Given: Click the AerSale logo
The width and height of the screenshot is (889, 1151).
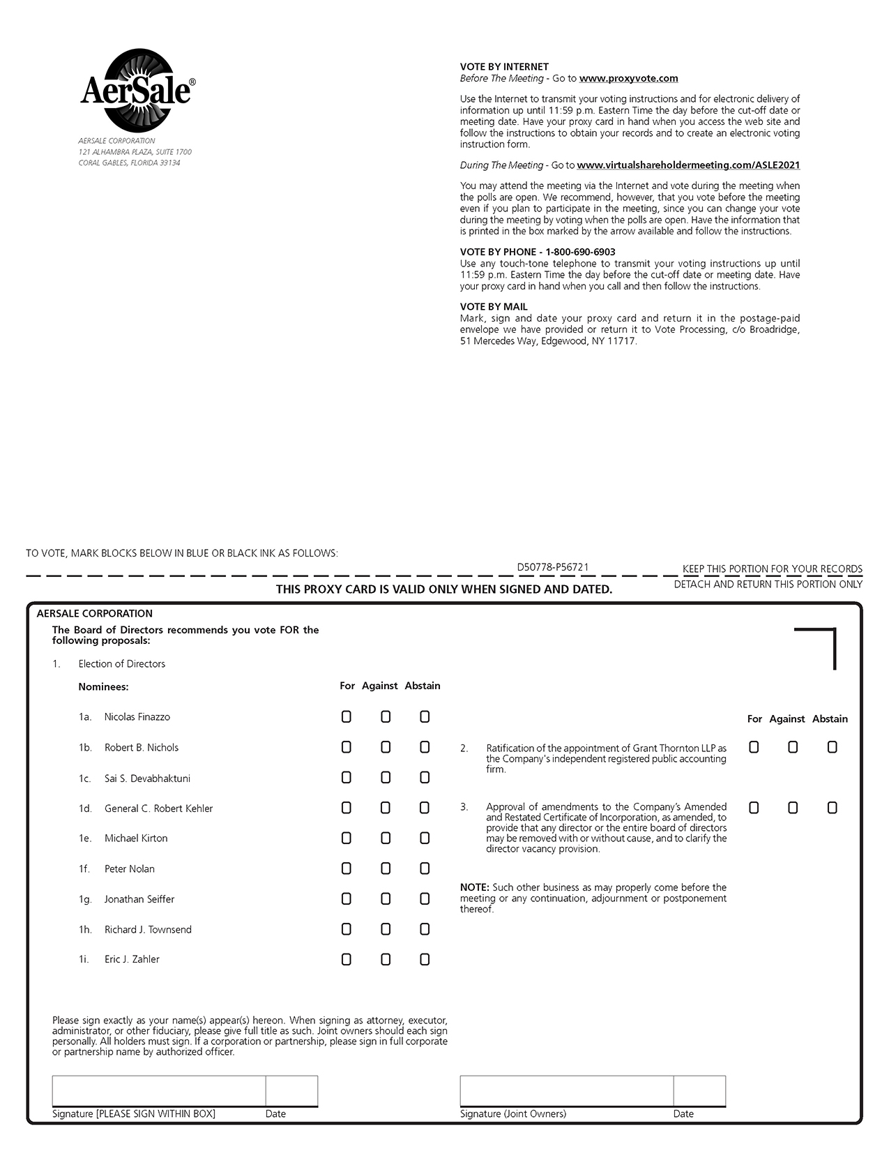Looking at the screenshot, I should (x=137, y=91).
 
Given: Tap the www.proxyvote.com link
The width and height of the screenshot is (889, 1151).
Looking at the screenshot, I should (x=628, y=79).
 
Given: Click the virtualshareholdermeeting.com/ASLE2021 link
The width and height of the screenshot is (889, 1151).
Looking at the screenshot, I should (x=688, y=165).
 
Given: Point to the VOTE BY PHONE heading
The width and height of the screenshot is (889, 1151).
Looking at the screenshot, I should (x=537, y=252).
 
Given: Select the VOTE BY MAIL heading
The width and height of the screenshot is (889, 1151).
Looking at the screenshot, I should (x=494, y=307).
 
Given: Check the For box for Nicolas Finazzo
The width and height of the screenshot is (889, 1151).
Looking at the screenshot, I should (x=347, y=717).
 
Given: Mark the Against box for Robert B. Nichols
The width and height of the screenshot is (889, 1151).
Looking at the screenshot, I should (x=386, y=747).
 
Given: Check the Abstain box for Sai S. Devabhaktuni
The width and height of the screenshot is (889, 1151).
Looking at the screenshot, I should (x=425, y=778).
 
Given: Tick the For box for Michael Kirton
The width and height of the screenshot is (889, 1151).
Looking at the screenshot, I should (x=347, y=838).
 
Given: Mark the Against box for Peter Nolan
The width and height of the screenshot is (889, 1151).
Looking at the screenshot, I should (x=386, y=868).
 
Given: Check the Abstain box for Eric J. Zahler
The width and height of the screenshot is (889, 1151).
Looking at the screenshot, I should (x=425, y=960).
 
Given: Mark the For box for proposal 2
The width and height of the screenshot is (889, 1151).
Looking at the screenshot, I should (x=754, y=747).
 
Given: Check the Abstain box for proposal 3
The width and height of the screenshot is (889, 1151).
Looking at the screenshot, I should (x=832, y=808).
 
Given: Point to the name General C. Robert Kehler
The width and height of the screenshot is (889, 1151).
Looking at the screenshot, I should (x=158, y=808).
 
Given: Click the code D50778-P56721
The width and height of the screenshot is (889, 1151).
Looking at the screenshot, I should (x=553, y=567).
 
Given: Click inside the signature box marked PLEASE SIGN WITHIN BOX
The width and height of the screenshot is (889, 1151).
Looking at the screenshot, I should (x=158, y=1091).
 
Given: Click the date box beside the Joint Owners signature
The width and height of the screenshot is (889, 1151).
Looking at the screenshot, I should (x=699, y=1091).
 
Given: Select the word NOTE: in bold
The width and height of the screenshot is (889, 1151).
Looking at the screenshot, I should (x=475, y=887).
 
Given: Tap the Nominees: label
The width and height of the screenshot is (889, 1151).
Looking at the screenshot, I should (x=103, y=687).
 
